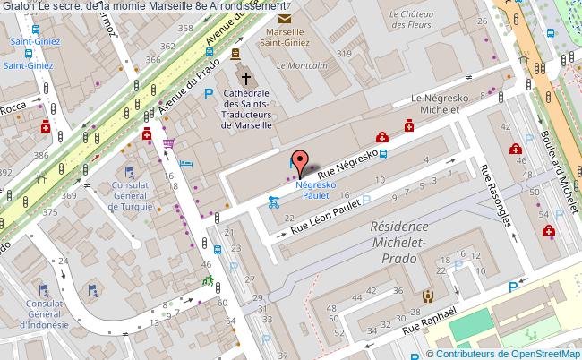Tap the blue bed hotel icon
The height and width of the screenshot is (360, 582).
[185, 164]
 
